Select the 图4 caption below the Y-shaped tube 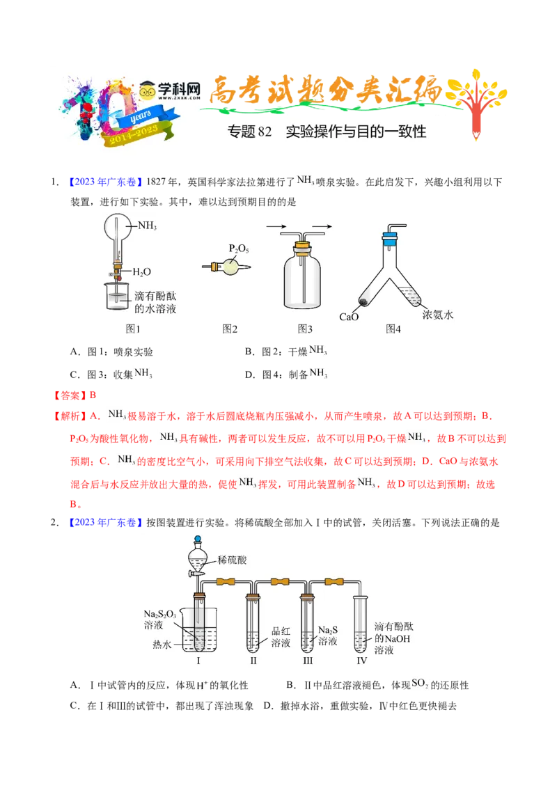pyautogui.click(x=393, y=329)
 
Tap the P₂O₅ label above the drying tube pyautogui.click(x=238, y=249)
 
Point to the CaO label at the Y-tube pyautogui.click(x=349, y=317)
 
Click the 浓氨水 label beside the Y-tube pyautogui.click(x=438, y=315)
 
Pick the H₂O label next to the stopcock pyautogui.click(x=141, y=271)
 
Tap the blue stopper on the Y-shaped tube pyautogui.click(x=389, y=238)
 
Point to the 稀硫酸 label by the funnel pyautogui.click(x=233, y=560)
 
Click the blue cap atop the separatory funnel pyautogui.click(x=198, y=538)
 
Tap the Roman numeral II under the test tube pyautogui.click(x=253, y=660)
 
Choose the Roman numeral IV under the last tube pyautogui.click(x=361, y=660)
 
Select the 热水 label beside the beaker pyautogui.click(x=162, y=645)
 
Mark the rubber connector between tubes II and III pyautogui.click(x=280, y=581)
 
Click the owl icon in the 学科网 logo pyautogui.click(x=148, y=89)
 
